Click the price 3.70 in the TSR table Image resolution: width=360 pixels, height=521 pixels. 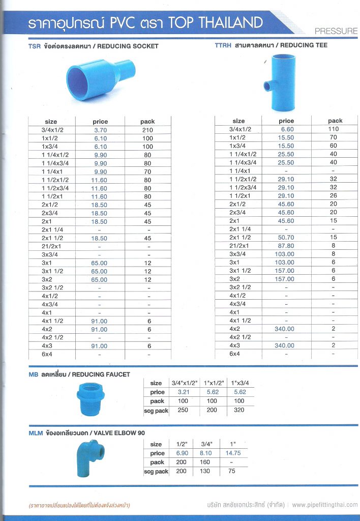click(x=100, y=130)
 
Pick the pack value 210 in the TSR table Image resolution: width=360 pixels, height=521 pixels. click(x=147, y=130)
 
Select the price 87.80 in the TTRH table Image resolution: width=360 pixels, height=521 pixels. click(x=286, y=245)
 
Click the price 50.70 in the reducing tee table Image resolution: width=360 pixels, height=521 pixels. click(x=286, y=237)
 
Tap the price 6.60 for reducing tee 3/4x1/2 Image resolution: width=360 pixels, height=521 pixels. click(x=286, y=129)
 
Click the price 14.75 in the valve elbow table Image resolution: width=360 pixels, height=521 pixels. click(x=233, y=453)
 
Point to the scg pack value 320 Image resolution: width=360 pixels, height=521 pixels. click(x=239, y=410)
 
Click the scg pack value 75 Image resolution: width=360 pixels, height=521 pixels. click(x=233, y=471)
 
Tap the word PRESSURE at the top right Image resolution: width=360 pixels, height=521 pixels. click(x=336, y=31)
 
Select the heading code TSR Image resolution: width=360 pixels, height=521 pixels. click(x=35, y=46)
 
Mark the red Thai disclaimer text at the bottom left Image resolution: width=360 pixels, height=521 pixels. click(x=79, y=505)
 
